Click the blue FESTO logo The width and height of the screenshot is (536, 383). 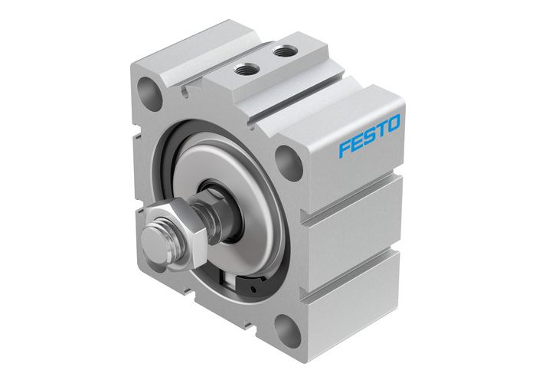tap(369, 139)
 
